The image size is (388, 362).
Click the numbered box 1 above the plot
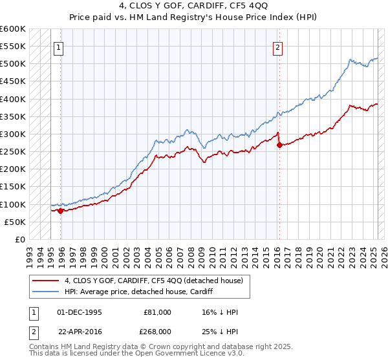pos(58,47)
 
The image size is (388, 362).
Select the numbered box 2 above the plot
pos(277,47)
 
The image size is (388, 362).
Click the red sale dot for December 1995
pos(61,211)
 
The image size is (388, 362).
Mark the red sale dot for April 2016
pos(279,145)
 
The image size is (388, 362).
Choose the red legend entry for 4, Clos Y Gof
pos(153,280)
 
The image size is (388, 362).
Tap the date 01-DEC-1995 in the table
pos(80,312)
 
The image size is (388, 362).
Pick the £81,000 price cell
pos(157,312)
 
